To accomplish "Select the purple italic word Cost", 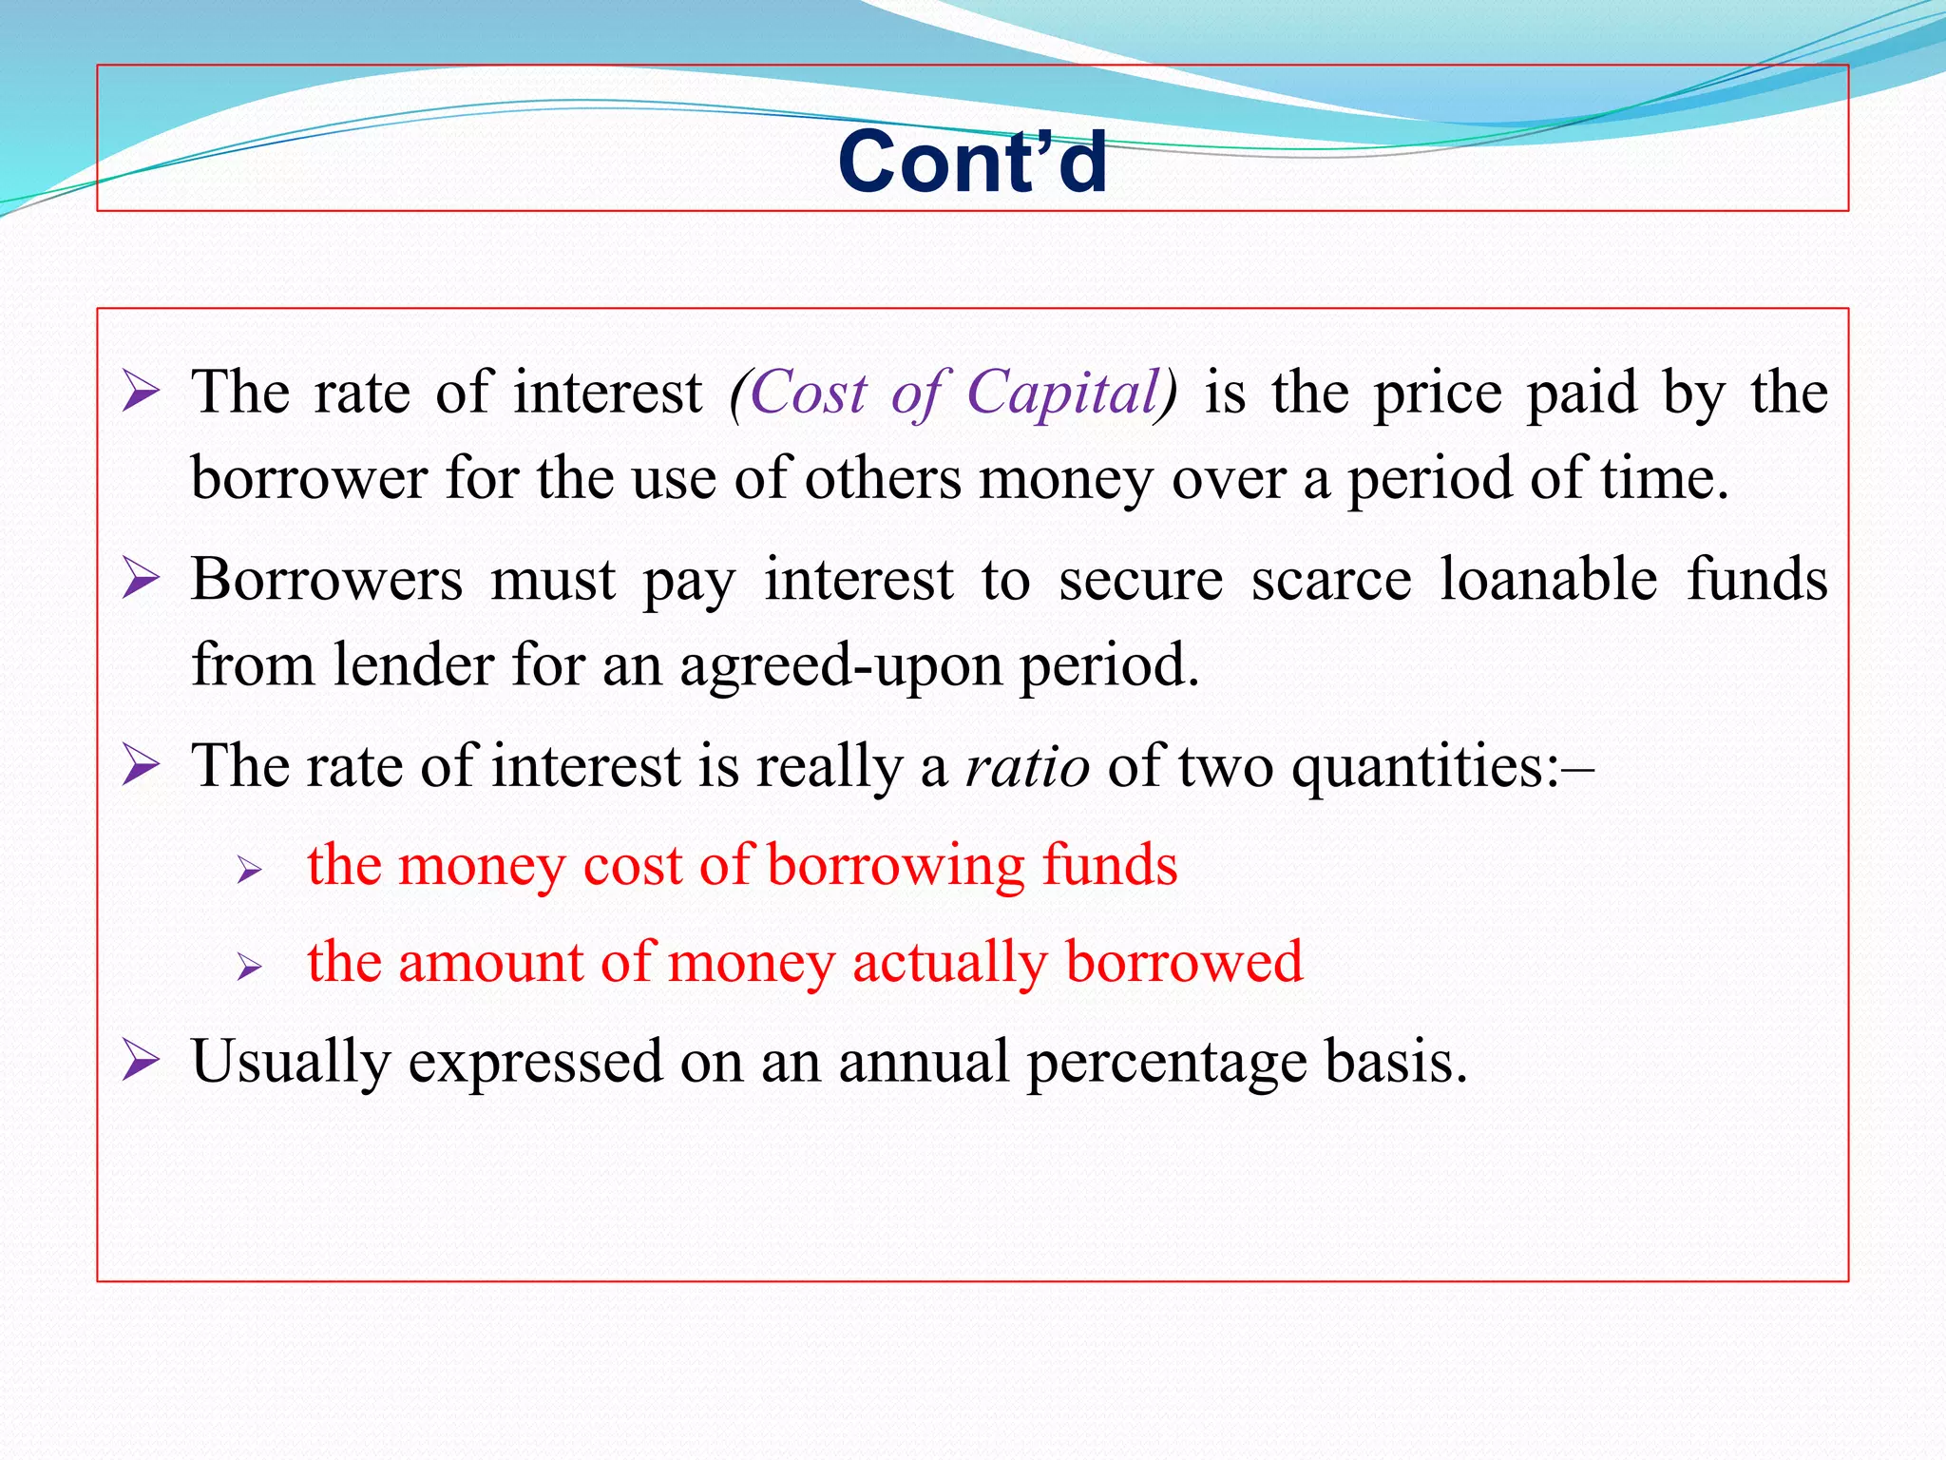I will coord(808,392).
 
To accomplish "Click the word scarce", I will coord(1331,579).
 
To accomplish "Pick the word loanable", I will coord(1549,579).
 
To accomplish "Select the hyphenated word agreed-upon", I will coord(841,665).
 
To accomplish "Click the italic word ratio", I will coord(1026,766).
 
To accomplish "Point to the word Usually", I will coord(290,1062).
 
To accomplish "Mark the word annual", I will coord(923,1062).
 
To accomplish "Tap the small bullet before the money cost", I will coord(249,869).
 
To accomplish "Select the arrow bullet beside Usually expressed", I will coord(141,1061).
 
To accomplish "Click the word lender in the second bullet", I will coord(412,664).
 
